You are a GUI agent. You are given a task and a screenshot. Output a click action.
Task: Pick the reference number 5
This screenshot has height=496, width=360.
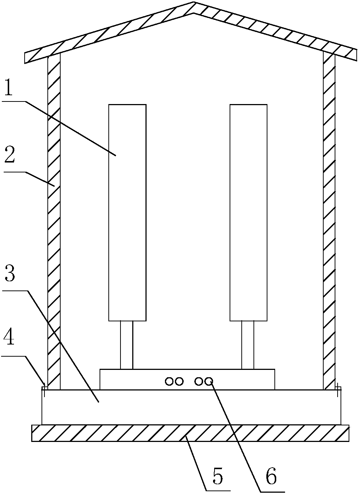(217, 477)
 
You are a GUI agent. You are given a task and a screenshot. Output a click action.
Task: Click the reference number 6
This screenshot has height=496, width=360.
(271, 477)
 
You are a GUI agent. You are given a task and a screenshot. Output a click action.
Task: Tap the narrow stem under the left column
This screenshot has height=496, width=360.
(126, 345)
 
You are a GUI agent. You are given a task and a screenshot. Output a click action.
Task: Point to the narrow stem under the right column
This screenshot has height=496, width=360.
(248, 345)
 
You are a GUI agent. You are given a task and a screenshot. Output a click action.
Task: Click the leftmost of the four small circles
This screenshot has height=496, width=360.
(169, 381)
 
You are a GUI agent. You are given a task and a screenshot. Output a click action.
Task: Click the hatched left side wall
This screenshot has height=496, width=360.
(54, 221)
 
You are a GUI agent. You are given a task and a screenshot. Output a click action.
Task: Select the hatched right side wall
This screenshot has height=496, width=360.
(329, 221)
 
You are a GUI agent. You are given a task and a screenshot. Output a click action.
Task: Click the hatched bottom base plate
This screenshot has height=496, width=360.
(190, 433)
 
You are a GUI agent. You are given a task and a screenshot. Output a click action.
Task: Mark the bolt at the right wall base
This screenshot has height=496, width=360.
(338, 388)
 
